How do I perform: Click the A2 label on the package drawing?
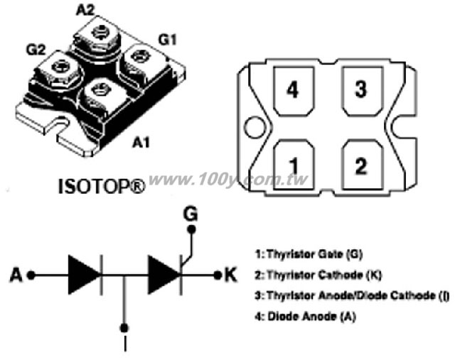(85, 11)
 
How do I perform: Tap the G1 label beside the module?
(168, 40)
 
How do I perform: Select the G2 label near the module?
(36, 50)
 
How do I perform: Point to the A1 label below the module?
(141, 142)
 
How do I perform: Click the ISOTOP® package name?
(102, 186)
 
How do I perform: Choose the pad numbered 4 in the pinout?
(294, 92)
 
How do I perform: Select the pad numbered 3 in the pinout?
(362, 92)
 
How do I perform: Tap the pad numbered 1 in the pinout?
(294, 165)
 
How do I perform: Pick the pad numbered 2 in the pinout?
(362, 165)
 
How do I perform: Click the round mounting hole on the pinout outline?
(255, 127)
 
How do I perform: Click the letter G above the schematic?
(191, 214)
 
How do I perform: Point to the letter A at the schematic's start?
(16, 275)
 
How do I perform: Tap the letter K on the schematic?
(230, 275)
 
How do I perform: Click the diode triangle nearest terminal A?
(84, 275)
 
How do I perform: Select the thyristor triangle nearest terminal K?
(164, 275)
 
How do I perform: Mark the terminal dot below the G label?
(191, 229)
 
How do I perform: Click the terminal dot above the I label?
(124, 328)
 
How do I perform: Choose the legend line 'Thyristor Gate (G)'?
(309, 254)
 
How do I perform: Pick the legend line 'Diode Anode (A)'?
(305, 316)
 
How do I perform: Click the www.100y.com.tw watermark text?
(228, 180)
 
